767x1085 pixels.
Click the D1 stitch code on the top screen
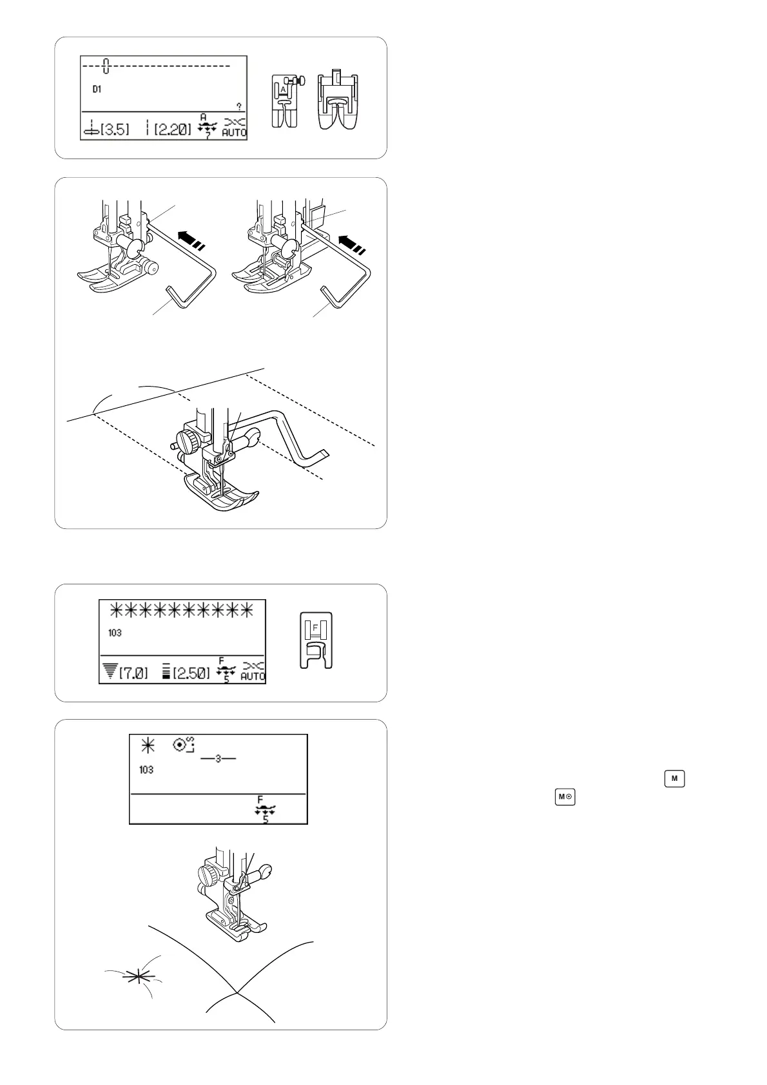tap(97, 89)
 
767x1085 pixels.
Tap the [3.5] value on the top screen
tap(115, 130)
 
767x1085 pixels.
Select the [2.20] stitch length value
tap(173, 130)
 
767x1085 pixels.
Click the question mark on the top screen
tap(239, 106)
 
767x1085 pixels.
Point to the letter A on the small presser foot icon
tap(283, 90)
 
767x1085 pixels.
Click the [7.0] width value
tap(133, 673)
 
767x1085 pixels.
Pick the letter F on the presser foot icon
tap(315, 628)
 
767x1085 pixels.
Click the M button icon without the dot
tap(674, 778)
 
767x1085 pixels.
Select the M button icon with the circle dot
tap(565, 797)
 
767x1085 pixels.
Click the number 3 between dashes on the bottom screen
tap(218, 758)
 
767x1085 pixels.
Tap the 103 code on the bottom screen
tap(146, 770)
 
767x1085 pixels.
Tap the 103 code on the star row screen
tap(115, 633)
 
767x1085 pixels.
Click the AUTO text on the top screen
tap(235, 132)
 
